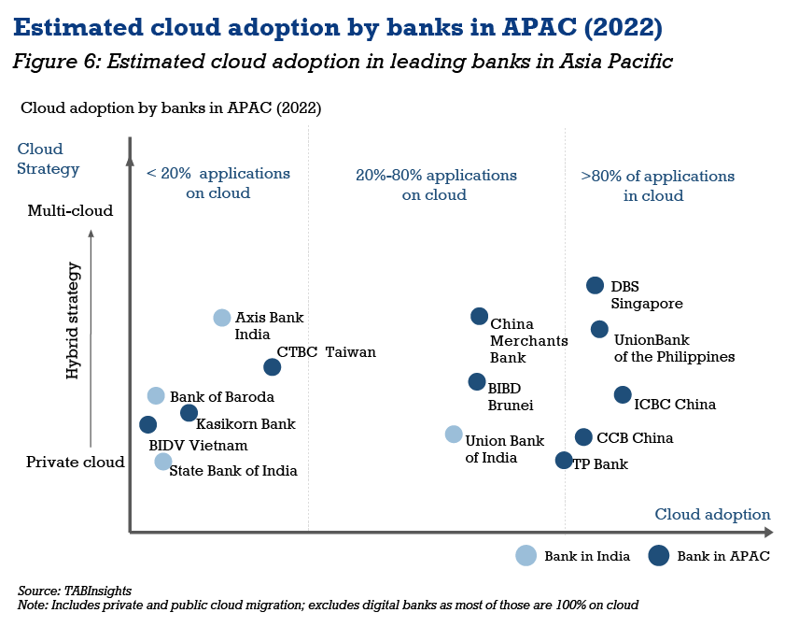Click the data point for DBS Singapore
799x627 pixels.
point(595,285)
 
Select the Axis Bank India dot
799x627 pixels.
point(221,318)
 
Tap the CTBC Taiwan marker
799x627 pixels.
point(273,367)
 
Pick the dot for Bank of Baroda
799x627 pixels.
point(156,395)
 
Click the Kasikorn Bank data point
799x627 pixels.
point(189,413)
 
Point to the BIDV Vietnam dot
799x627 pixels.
point(147,424)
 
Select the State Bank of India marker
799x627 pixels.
point(163,462)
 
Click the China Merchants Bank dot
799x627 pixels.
point(479,317)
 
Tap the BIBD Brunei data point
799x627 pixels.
point(477,381)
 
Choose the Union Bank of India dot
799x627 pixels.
point(454,435)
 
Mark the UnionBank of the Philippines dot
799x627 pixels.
point(600,329)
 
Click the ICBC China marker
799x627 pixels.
point(623,394)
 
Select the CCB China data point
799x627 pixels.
point(583,436)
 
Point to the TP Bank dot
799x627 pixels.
point(564,460)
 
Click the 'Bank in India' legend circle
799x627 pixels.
point(526,556)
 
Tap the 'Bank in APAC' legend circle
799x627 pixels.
point(658,556)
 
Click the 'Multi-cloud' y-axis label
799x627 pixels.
point(70,210)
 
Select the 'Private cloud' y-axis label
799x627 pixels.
point(76,462)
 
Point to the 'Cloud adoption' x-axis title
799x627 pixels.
point(712,514)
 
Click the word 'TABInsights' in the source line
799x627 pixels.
point(97,591)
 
